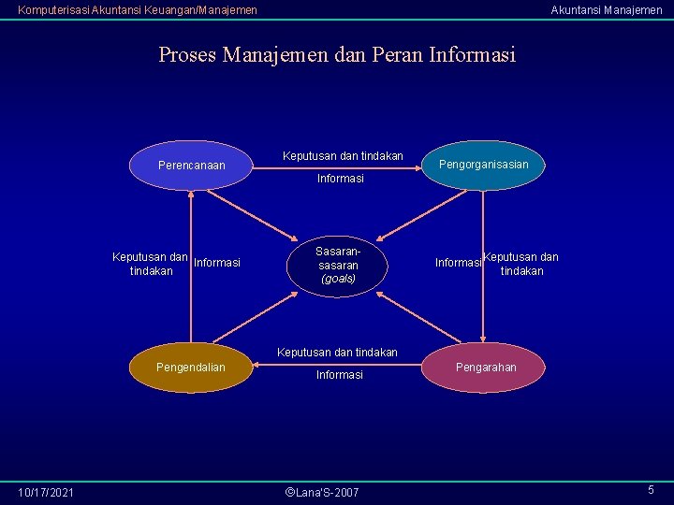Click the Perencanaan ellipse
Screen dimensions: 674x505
point(191,166)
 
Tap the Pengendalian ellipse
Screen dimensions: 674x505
point(191,368)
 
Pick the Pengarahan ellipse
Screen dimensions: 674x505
point(485,368)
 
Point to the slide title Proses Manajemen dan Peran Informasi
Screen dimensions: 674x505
point(337,55)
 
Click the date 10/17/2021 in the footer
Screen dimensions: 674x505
point(47,492)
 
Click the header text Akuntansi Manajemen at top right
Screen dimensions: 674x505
point(606,10)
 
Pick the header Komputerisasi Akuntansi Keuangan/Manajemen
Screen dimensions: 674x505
point(138,10)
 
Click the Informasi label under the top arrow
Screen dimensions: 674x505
point(341,179)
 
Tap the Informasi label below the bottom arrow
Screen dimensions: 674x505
point(340,375)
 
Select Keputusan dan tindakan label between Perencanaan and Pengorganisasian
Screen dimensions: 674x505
point(343,155)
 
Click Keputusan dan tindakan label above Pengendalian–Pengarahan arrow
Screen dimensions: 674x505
point(337,353)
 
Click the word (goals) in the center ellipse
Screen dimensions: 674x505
point(338,279)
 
